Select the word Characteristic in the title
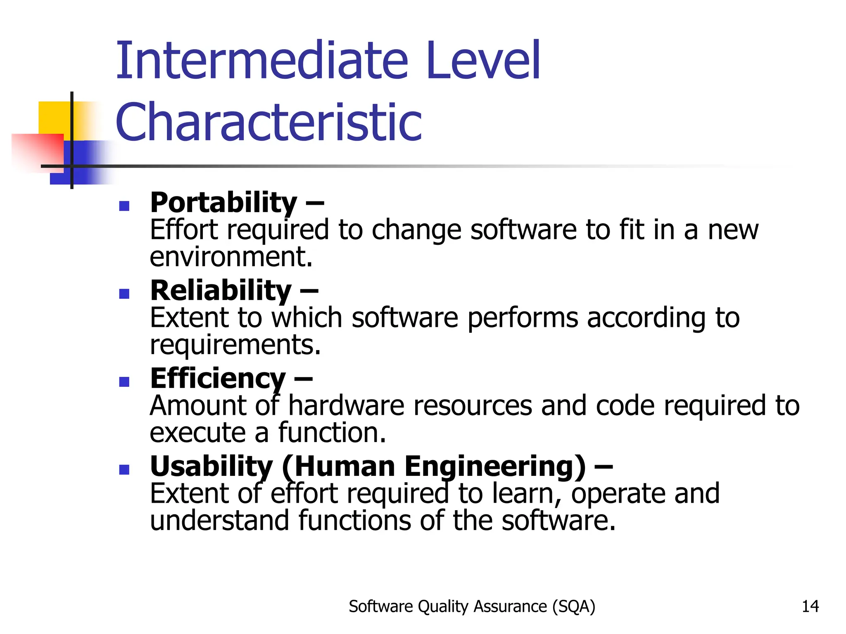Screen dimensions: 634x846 (x=269, y=122)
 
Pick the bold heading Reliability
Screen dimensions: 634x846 (x=221, y=291)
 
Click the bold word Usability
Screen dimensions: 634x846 (x=211, y=466)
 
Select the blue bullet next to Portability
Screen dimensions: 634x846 (x=124, y=206)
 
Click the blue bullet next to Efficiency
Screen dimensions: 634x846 (x=124, y=381)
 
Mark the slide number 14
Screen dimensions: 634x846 (x=810, y=606)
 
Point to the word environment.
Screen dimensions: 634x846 (x=231, y=257)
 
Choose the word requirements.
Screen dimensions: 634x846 (x=235, y=345)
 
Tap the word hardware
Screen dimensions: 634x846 (x=346, y=405)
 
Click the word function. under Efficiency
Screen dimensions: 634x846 (x=332, y=433)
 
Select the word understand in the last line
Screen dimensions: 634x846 (x=219, y=520)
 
